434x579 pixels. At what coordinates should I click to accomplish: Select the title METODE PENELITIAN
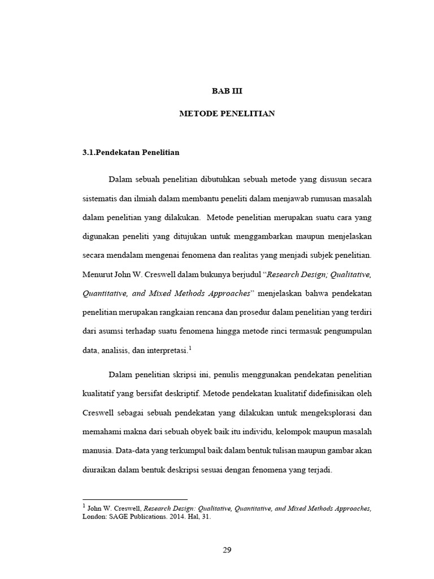[x=227, y=114]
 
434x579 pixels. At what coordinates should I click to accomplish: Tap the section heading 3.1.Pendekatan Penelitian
[x=131, y=152]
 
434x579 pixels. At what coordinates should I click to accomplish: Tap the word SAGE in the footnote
[x=125, y=516]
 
